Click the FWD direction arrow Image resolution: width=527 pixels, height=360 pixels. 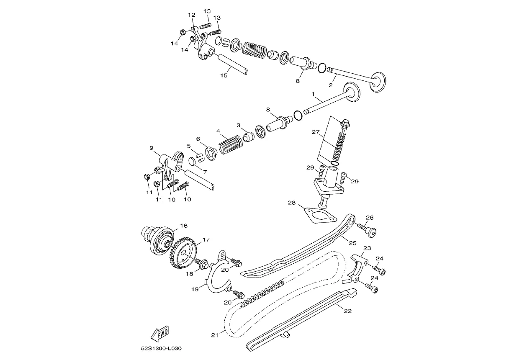point(160,334)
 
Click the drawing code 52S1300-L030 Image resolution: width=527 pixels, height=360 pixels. point(161,348)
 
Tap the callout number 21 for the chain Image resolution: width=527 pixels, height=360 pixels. point(215,335)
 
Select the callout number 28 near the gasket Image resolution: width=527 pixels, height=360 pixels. point(292,203)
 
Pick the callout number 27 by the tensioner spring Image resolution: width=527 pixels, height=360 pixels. point(316,132)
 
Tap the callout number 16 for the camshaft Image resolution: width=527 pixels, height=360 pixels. point(184,226)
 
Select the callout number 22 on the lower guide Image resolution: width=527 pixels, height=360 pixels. point(347,311)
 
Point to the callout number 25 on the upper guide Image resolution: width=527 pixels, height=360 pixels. point(353,243)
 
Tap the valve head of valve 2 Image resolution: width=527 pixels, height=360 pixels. point(378,82)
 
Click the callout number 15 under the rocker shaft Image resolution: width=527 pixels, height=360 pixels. point(224,75)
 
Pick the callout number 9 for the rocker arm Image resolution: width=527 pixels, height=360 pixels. point(151,148)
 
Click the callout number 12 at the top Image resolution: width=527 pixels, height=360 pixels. point(192,15)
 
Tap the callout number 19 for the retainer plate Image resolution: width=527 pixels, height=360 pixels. point(195,289)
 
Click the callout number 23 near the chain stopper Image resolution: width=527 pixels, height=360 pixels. point(367,248)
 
